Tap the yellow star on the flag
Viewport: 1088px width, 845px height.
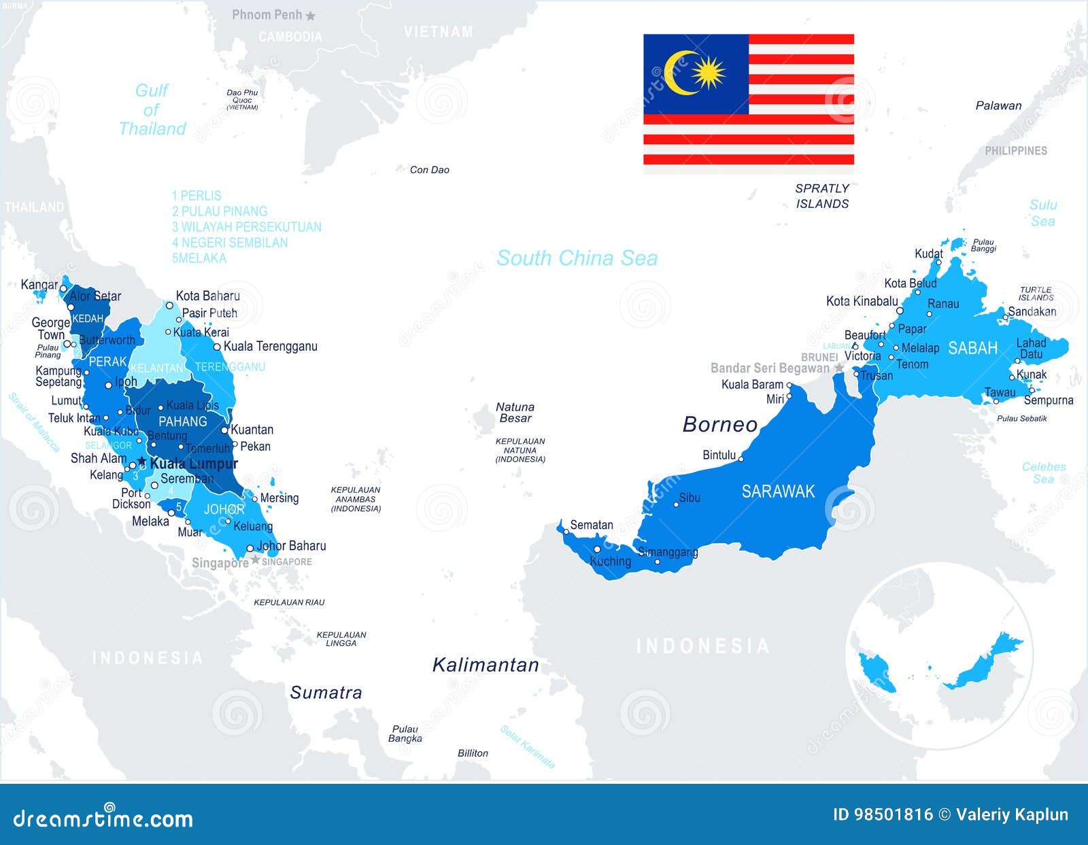(x=709, y=72)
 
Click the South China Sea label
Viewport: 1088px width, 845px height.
(x=577, y=258)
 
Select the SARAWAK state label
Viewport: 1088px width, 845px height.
(x=777, y=492)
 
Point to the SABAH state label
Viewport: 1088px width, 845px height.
(x=972, y=348)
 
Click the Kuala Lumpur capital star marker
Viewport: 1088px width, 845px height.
(x=141, y=462)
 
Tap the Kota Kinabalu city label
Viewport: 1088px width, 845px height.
(x=862, y=301)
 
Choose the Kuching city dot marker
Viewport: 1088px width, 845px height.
(x=597, y=549)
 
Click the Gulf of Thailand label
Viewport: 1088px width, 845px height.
(x=152, y=109)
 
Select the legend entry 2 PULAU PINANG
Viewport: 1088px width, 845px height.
(x=220, y=211)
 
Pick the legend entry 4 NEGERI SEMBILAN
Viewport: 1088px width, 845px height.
(x=230, y=243)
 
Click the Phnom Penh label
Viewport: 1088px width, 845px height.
(x=267, y=14)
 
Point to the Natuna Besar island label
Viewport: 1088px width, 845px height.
(x=515, y=413)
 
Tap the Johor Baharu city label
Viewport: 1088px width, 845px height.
(x=291, y=546)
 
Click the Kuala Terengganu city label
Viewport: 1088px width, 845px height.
(x=270, y=346)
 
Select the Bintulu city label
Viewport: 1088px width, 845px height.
(x=719, y=455)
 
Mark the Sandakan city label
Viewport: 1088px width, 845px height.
(x=1032, y=311)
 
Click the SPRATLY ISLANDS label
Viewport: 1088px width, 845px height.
(x=822, y=196)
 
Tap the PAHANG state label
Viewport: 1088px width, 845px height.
(x=182, y=421)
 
